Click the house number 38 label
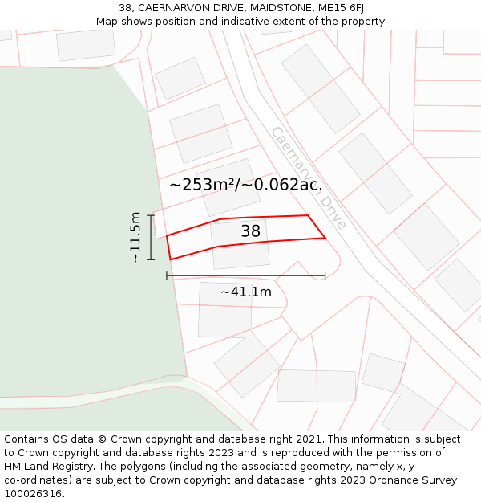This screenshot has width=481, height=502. (251, 231)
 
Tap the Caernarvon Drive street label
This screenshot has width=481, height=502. (309, 178)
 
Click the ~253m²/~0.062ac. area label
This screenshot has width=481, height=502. (245, 184)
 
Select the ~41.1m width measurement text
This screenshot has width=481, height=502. (245, 292)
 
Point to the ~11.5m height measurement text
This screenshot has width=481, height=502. (135, 237)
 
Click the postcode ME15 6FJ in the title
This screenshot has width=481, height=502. (337, 8)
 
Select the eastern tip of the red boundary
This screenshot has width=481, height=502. (325, 238)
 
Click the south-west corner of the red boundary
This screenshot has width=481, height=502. (171, 259)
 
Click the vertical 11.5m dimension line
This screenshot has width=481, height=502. (151, 237)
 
